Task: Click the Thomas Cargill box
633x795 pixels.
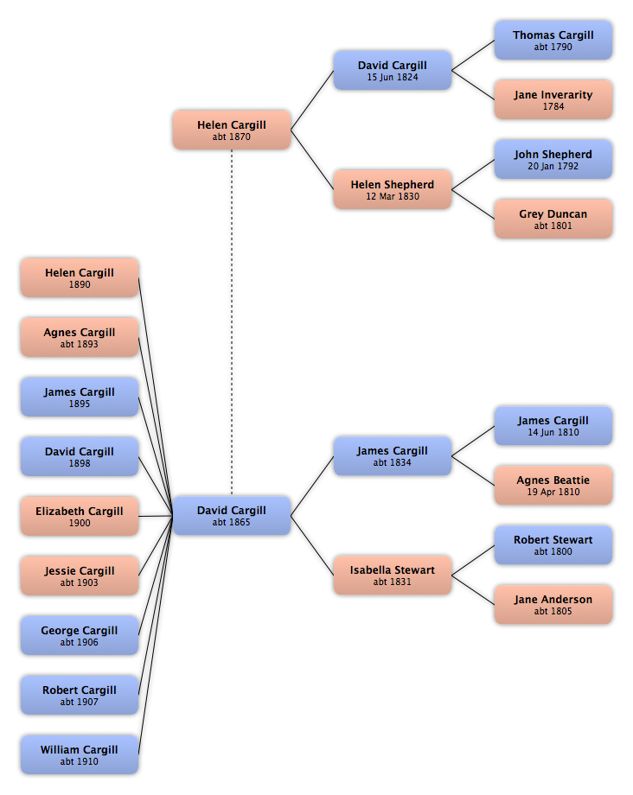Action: [x=553, y=40]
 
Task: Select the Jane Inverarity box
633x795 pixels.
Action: [x=553, y=100]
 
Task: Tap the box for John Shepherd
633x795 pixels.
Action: [x=553, y=159]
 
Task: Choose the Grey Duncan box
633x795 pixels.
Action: [x=553, y=219]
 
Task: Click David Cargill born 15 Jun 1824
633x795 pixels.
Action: [x=392, y=71]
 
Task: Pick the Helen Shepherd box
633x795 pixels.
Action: [x=392, y=189]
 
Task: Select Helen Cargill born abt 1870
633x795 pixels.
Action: [x=231, y=130]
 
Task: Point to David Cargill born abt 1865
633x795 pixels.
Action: [x=231, y=516]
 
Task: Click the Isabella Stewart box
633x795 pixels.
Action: [x=392, y=575]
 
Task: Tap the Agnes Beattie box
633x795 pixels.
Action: [x=553, y=486]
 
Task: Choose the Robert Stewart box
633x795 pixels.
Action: [x=553, y=545]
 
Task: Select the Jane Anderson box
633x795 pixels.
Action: [x=553, y=604]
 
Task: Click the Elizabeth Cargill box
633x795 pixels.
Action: [x=80, y=516]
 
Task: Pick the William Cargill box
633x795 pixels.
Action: [x=80, y=754]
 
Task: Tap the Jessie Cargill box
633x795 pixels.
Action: [x=80, y=576]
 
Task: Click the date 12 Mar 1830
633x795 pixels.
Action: [x=393, y=196]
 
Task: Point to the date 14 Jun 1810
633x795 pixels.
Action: [x=553, y=432]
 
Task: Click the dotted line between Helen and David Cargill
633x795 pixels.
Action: [x=232, y=322]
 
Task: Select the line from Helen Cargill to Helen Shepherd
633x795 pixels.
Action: [x=312, y=160]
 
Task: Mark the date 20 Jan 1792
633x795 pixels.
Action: [x=553, y=166]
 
